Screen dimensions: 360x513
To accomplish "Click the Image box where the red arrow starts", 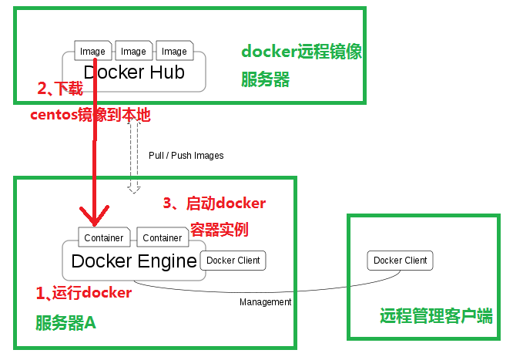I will pyautogui.click(x=92, y=52).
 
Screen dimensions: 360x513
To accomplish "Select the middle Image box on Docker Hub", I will pyautogui.click(x=133, y=52).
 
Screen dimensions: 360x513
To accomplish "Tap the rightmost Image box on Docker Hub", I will pyautogui.click(x=174, y=52).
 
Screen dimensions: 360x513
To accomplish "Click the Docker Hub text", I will pyautogui.click(x=135, y=72).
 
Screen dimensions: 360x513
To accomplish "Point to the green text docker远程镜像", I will pyautogui.click(x=301, y=52).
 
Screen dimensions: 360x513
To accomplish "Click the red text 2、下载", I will pyautogui.click(x=60, y=89).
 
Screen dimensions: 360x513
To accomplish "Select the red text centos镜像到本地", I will pyautogui.click(x=90, y=116).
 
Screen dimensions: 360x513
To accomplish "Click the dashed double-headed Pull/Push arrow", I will pyautogui.click(x=134, y=154).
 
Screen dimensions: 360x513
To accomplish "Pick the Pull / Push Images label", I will pyautogui.click(x=186, y=156).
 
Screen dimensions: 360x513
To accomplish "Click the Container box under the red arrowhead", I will pyautogui.click(x=104, y=238).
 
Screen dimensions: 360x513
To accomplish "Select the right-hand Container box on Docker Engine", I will pyautogui.click(x=163, y=238).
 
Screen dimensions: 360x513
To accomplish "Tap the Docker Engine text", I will pyautogui.click(x=134, y=261).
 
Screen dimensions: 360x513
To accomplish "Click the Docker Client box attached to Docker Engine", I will pyautogui.click(x=233, y=261).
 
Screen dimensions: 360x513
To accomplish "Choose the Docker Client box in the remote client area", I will pyautogui.click(x=400, y=261).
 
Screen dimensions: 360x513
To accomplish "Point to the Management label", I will pyautogui.click(x=265, y=302).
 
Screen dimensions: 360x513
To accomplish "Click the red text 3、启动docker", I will pyautogui.click(x=214, y=204).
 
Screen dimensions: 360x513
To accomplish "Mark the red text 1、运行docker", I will pyautogui.click(x=84, y=293).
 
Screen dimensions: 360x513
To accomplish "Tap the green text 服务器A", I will pyautogui.click(x=65, y=324).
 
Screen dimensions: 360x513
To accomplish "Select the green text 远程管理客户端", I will pyautogui.click(x=436, y=316).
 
